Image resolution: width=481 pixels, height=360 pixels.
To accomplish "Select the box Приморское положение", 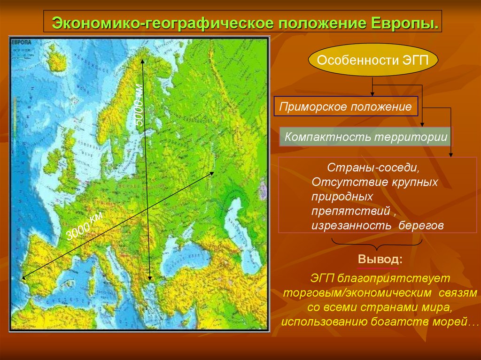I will coord(345,107).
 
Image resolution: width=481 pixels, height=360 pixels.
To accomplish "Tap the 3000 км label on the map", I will coord(84,226).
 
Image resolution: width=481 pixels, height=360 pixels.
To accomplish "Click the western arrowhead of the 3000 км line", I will coord(23,278).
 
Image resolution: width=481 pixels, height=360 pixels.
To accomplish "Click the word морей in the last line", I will coord(455,322).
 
